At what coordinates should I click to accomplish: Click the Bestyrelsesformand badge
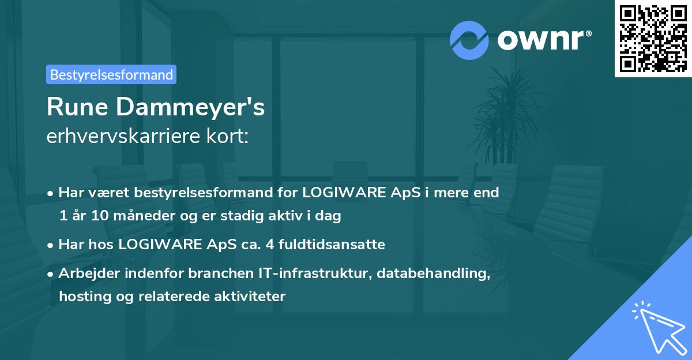click(x=111, y=74)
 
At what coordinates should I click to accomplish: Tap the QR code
click(x=652, y=38)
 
